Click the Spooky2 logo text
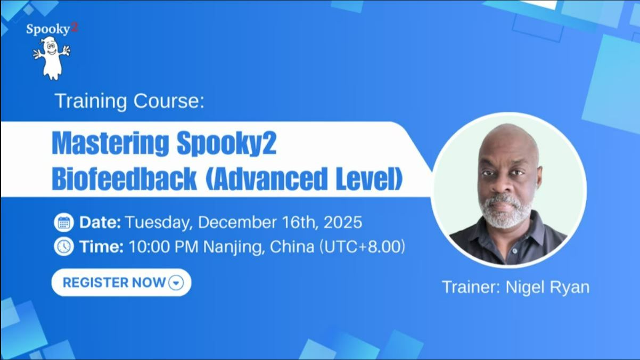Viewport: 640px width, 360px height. coord(52,29)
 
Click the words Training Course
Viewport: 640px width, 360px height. coord(129,101)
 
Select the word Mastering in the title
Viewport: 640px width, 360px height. coord(110,144)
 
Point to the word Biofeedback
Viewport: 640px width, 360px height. coord(124,180)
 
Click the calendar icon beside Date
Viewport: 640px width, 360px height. coord(64,222)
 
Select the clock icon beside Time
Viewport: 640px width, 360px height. coord(64,247)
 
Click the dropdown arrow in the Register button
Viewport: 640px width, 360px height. coord(176,283)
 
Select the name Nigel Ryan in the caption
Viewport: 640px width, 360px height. coord(547,287)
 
